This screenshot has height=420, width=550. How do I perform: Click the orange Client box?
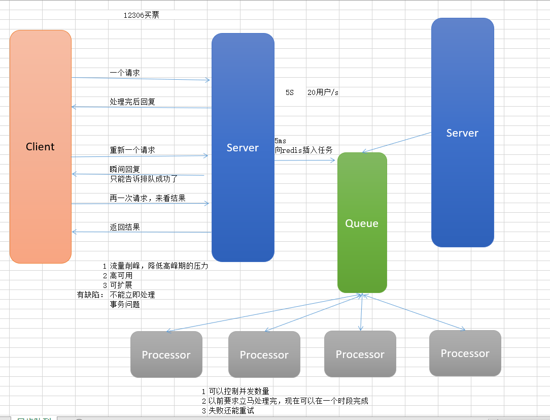(40, 147)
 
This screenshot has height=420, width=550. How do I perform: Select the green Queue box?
(362, 223)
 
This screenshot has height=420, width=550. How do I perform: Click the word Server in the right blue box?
(462, 133)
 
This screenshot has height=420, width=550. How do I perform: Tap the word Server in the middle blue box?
(243, 148)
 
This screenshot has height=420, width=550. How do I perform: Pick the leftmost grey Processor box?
(166, 354)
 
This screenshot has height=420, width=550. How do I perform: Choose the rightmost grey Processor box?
(465, 353)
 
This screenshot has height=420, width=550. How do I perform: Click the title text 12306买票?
(142, 15)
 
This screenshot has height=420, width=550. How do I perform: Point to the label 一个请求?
(125, 73)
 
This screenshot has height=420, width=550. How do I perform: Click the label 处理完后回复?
(132, 102)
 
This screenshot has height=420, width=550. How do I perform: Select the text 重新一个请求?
(132, 150)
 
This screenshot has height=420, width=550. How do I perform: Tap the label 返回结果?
(125, 227)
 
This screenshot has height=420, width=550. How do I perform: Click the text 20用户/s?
(323, 92)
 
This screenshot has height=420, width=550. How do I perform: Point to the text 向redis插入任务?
(304, 150)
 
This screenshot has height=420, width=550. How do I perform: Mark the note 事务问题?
(125, 305)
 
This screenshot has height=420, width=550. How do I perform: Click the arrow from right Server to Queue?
(397, 142)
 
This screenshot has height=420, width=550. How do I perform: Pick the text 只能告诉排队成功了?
(144, 179)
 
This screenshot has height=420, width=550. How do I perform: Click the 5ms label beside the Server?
(281, 141)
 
